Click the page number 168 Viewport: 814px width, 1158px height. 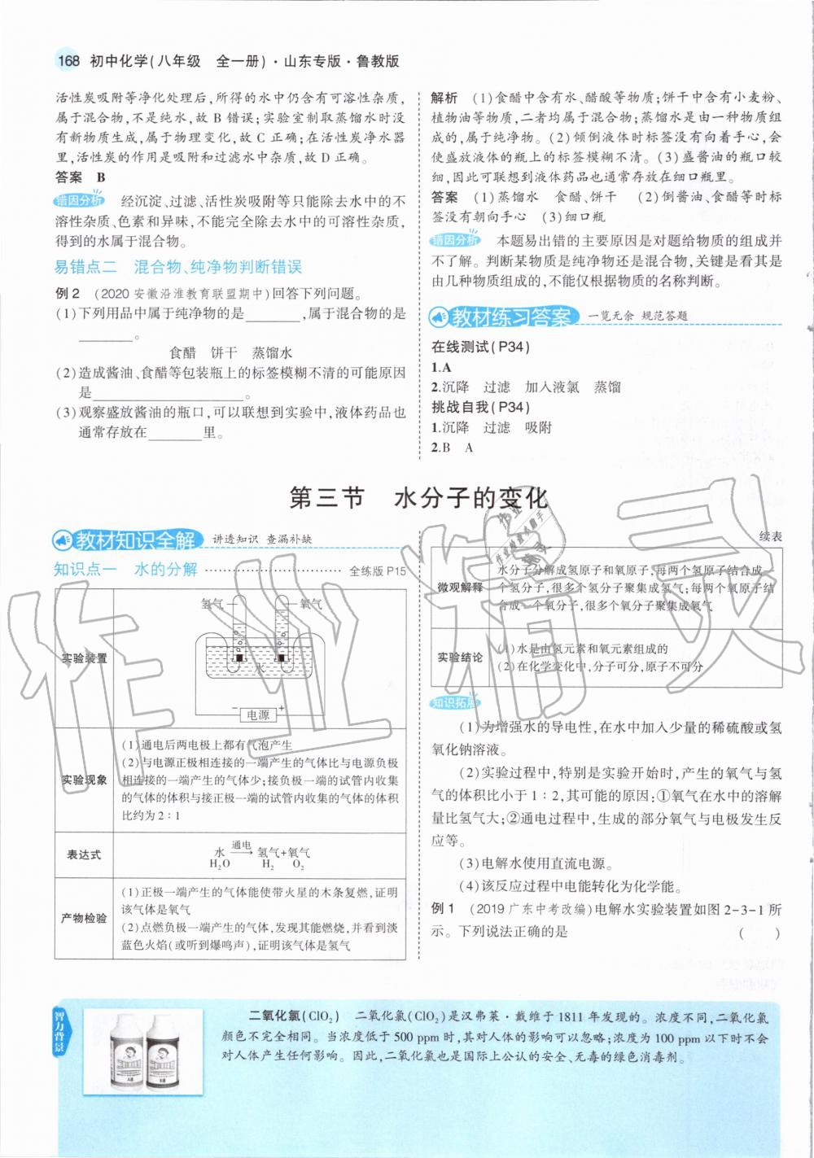tap(68, 61)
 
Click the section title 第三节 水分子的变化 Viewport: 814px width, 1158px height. tap(418, 498)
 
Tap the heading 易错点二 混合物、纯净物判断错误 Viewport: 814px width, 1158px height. tap(177, 266)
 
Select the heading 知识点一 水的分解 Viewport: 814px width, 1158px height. tap(125, 569)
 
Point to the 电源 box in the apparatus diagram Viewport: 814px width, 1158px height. tap(258, 714)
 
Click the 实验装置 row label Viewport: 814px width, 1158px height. tap(84, 658)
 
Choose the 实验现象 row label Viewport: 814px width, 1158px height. tap(84, 780)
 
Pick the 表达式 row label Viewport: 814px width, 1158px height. tap(84, 854)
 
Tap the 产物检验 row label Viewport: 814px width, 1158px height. tap(84, 918)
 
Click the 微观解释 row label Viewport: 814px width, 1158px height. tap(460, 588)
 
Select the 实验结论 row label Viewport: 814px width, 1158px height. tap(460, 658)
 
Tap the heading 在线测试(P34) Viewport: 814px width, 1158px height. tap(480, 347)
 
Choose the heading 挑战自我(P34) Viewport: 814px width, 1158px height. tap(480, 407)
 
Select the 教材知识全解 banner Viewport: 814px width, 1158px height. tap(127, 539)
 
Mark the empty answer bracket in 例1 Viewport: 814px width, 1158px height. tap(759, 933)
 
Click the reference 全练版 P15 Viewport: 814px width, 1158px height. tap(377, 571)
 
